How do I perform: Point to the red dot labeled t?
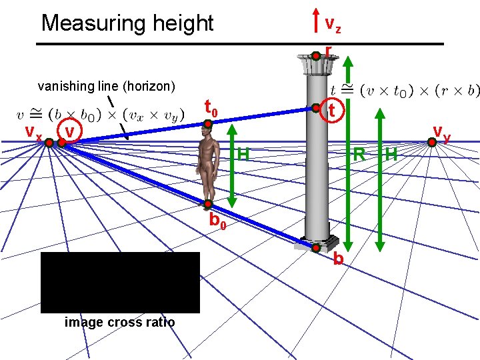315,107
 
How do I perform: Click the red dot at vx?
49,141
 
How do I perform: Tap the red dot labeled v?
61,141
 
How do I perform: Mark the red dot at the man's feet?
208,203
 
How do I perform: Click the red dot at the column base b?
316,248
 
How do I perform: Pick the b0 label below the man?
217,221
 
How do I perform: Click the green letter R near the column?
359,155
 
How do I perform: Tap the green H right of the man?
243,155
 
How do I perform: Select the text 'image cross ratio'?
120,323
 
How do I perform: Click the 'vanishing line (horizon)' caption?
106,86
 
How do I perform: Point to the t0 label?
211,107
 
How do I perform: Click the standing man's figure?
209,163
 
